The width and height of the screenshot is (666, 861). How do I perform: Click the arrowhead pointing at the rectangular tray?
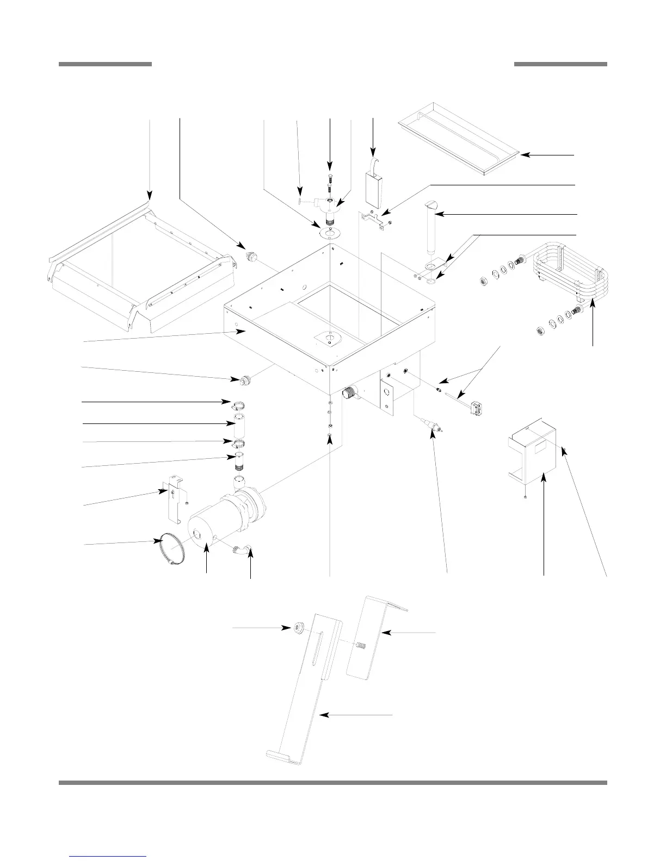(526, 155)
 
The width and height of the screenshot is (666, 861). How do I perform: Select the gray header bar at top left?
(105, 64)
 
